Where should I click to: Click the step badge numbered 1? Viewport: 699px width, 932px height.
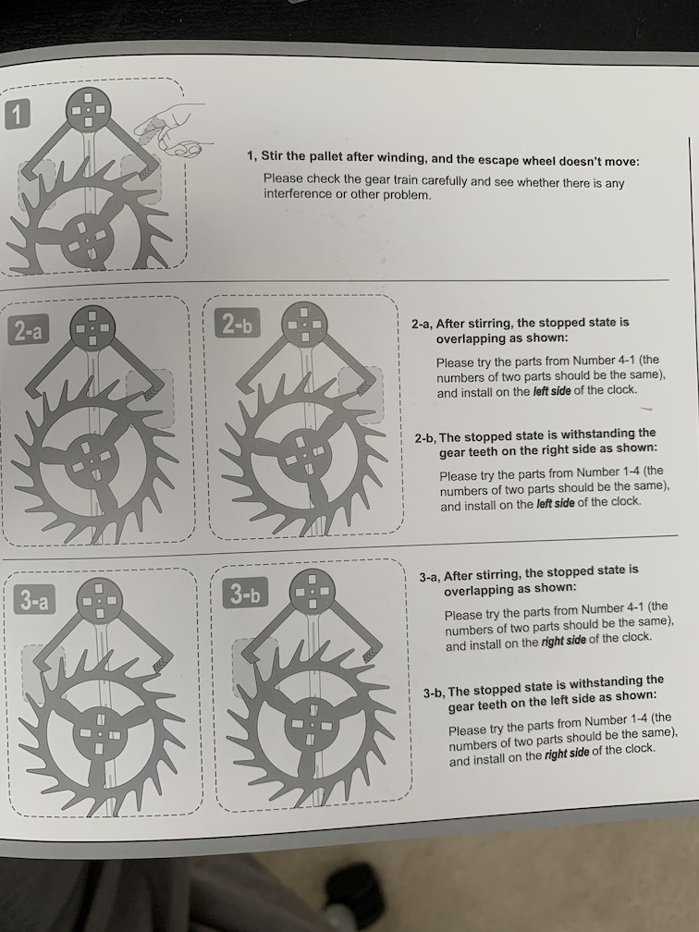17,115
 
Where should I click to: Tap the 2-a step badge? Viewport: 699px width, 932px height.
29,330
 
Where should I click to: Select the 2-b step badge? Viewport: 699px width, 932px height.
237,323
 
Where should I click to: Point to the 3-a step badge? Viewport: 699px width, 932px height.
33,600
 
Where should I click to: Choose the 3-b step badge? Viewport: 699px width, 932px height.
246,593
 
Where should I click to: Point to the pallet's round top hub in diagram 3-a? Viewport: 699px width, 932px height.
100,600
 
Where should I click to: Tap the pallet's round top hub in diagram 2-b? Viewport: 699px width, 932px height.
303,325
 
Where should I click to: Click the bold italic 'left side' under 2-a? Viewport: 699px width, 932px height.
552,391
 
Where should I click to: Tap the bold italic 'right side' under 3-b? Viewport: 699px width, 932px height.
567,753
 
